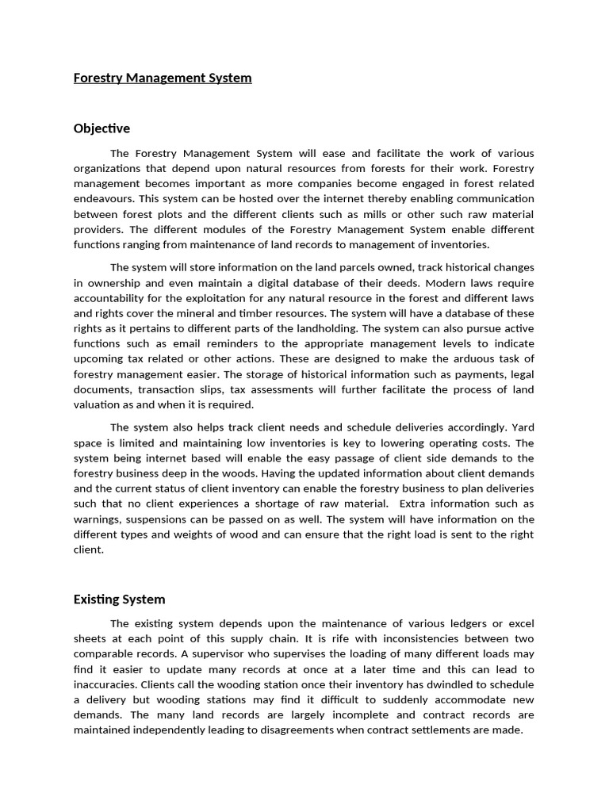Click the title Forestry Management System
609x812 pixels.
tap(163, 78)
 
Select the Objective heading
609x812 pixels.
tap(101, 128)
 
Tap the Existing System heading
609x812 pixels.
tap(119, 599)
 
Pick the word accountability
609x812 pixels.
tap(109, 298)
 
